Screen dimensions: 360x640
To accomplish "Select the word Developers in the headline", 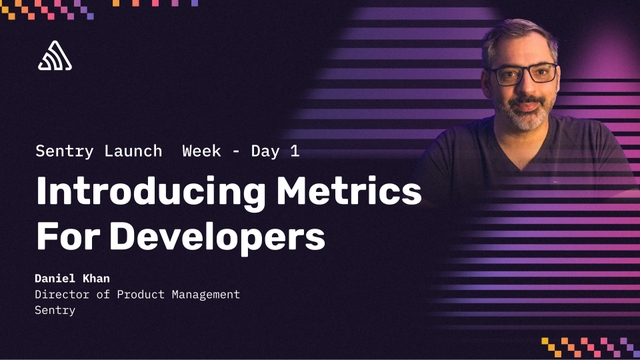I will (218, 236).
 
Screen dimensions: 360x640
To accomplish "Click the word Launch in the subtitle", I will (133, 151).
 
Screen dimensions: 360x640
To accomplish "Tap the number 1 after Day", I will (294, 151).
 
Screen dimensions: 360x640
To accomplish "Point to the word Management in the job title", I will (199, 294).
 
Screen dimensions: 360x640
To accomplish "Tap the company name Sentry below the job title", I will (55, 310).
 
